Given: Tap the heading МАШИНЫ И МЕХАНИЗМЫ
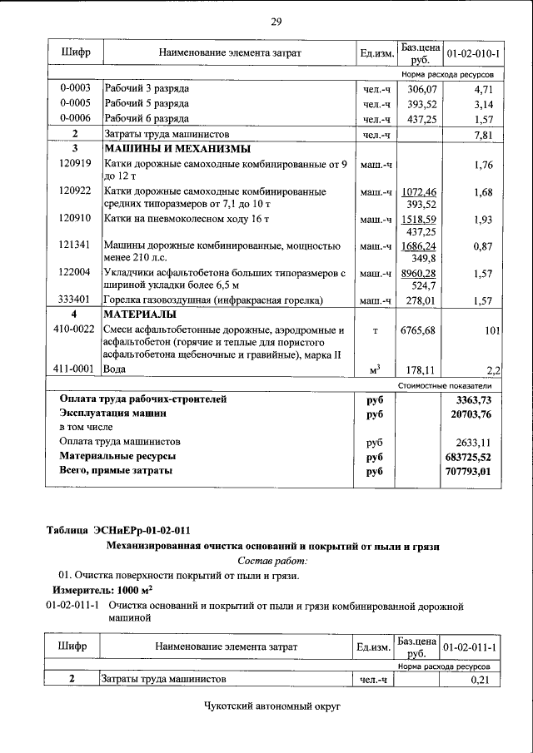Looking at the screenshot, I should tap(177, 149).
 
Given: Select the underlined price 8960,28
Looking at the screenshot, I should tap(419, 273).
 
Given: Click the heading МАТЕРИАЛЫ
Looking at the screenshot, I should tap(139, 315).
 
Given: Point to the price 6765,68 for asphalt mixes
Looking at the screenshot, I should tap(419, 330).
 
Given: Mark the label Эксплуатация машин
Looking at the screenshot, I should tap(112, 413).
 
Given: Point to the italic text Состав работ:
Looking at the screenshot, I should tap(273, 561).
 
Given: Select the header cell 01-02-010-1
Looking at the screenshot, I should tap(473, 53).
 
